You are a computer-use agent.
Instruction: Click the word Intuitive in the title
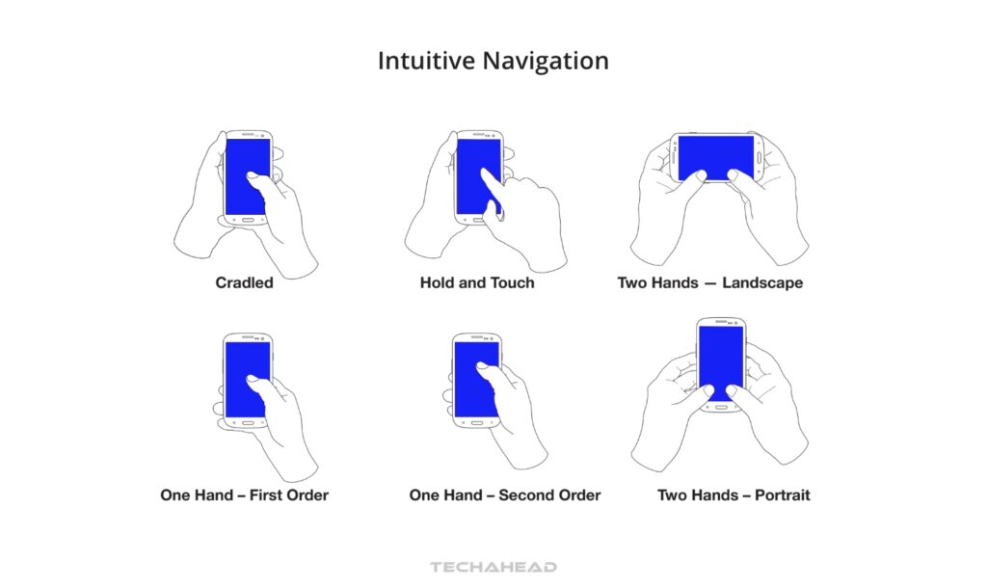click(420, 61)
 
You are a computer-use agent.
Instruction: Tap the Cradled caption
click(244, 283)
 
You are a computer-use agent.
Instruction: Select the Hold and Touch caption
click(477, 283)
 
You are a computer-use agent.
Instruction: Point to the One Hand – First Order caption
click(244, 495)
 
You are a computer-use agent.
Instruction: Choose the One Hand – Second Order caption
click(505, 495)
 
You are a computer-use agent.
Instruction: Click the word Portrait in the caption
click(777, 495)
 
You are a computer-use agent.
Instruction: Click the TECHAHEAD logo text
click(493, 568)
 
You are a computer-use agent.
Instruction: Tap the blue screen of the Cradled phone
click(239, 164)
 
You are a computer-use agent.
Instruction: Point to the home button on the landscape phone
click(760, 155)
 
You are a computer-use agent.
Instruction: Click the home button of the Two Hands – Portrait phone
click(720, 408)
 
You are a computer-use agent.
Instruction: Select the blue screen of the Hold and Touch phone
click(471, 164)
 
